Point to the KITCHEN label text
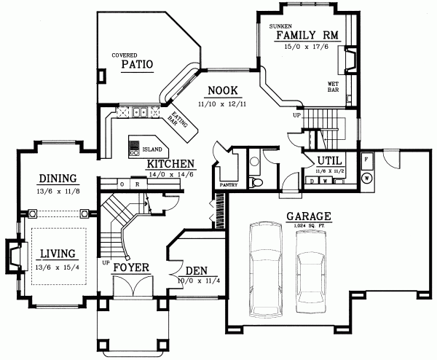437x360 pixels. (x=170, y=164)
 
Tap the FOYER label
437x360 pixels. (x=131, y=267)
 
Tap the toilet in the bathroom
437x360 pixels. (x=254, y=181)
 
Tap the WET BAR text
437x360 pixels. (x=332, y=87)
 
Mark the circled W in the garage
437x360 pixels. (x=367, y=176)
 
